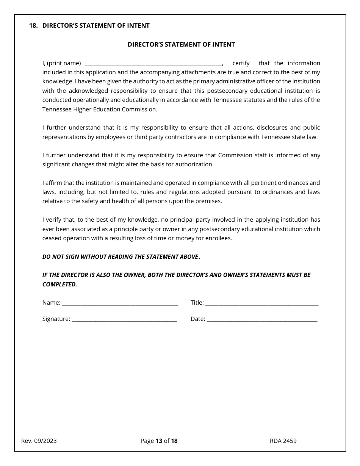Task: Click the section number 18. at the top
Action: (33, 26)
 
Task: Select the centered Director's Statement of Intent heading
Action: (181, 45)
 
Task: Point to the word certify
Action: (241, 63)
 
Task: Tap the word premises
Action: (208, 201)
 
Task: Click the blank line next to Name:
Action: (120, 303)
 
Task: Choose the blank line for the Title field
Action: (261, 303)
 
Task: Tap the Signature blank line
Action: (124, 319)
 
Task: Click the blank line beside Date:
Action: (262, 319)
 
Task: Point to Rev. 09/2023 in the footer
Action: (39, 441)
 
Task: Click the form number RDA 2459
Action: (283, 441)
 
